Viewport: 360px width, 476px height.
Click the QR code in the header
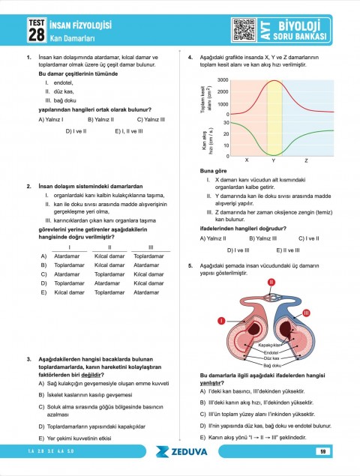point(244,28)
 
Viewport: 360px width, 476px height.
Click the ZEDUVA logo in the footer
point(180,451)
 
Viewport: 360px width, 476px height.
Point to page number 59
point(322,451)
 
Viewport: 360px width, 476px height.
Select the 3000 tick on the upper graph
point(223,80)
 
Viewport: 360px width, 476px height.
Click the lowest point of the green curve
point(274,154)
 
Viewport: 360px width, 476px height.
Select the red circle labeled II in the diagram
point(271,282)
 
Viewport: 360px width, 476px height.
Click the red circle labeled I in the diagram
point(221,321)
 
